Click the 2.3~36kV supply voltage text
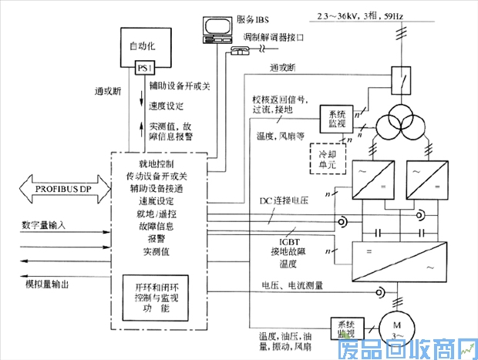362,15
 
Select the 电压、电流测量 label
292,285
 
